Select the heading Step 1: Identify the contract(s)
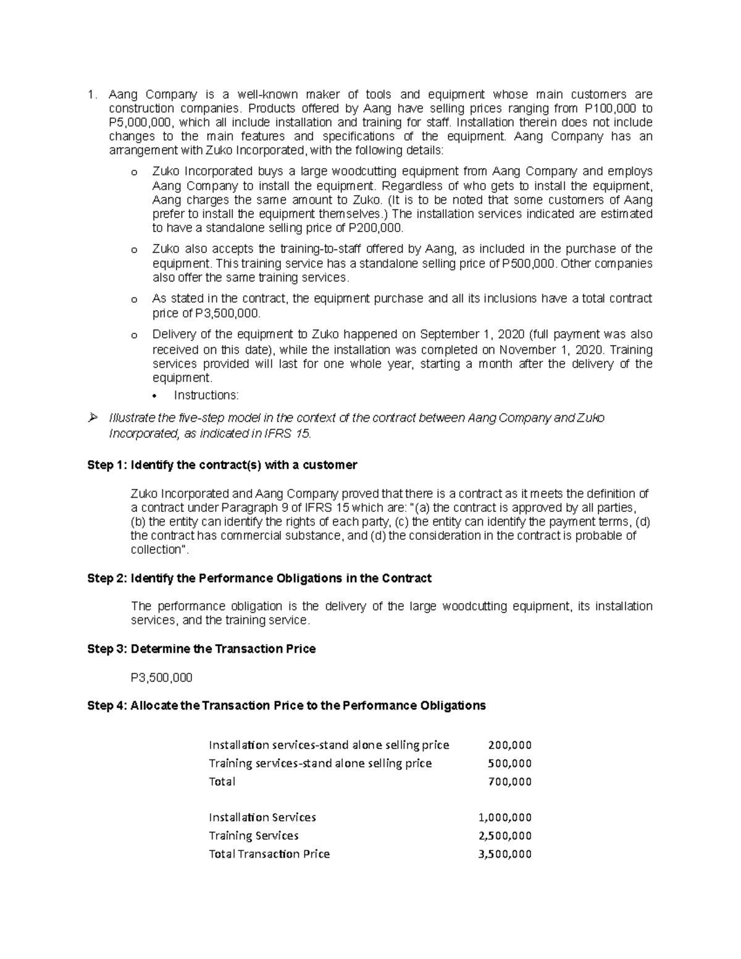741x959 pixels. point(222,464)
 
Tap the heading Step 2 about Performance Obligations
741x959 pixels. point(259,579)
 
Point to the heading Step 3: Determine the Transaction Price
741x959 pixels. point(201,649)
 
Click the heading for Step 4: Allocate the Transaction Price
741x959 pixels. point(287,705)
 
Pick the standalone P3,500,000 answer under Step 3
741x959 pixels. point(162,677)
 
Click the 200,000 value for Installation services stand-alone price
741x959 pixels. point(509,745)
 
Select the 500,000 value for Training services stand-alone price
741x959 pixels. point(509,763)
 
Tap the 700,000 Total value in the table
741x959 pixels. point(509,782)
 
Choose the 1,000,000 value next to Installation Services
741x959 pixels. point(505,818)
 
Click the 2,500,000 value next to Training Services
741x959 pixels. point(505,836)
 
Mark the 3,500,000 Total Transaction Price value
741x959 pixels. point(505,854)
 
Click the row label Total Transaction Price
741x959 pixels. point(269,854)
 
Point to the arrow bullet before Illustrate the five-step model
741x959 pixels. point(93,419)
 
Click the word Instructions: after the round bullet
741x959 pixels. point(206,395)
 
